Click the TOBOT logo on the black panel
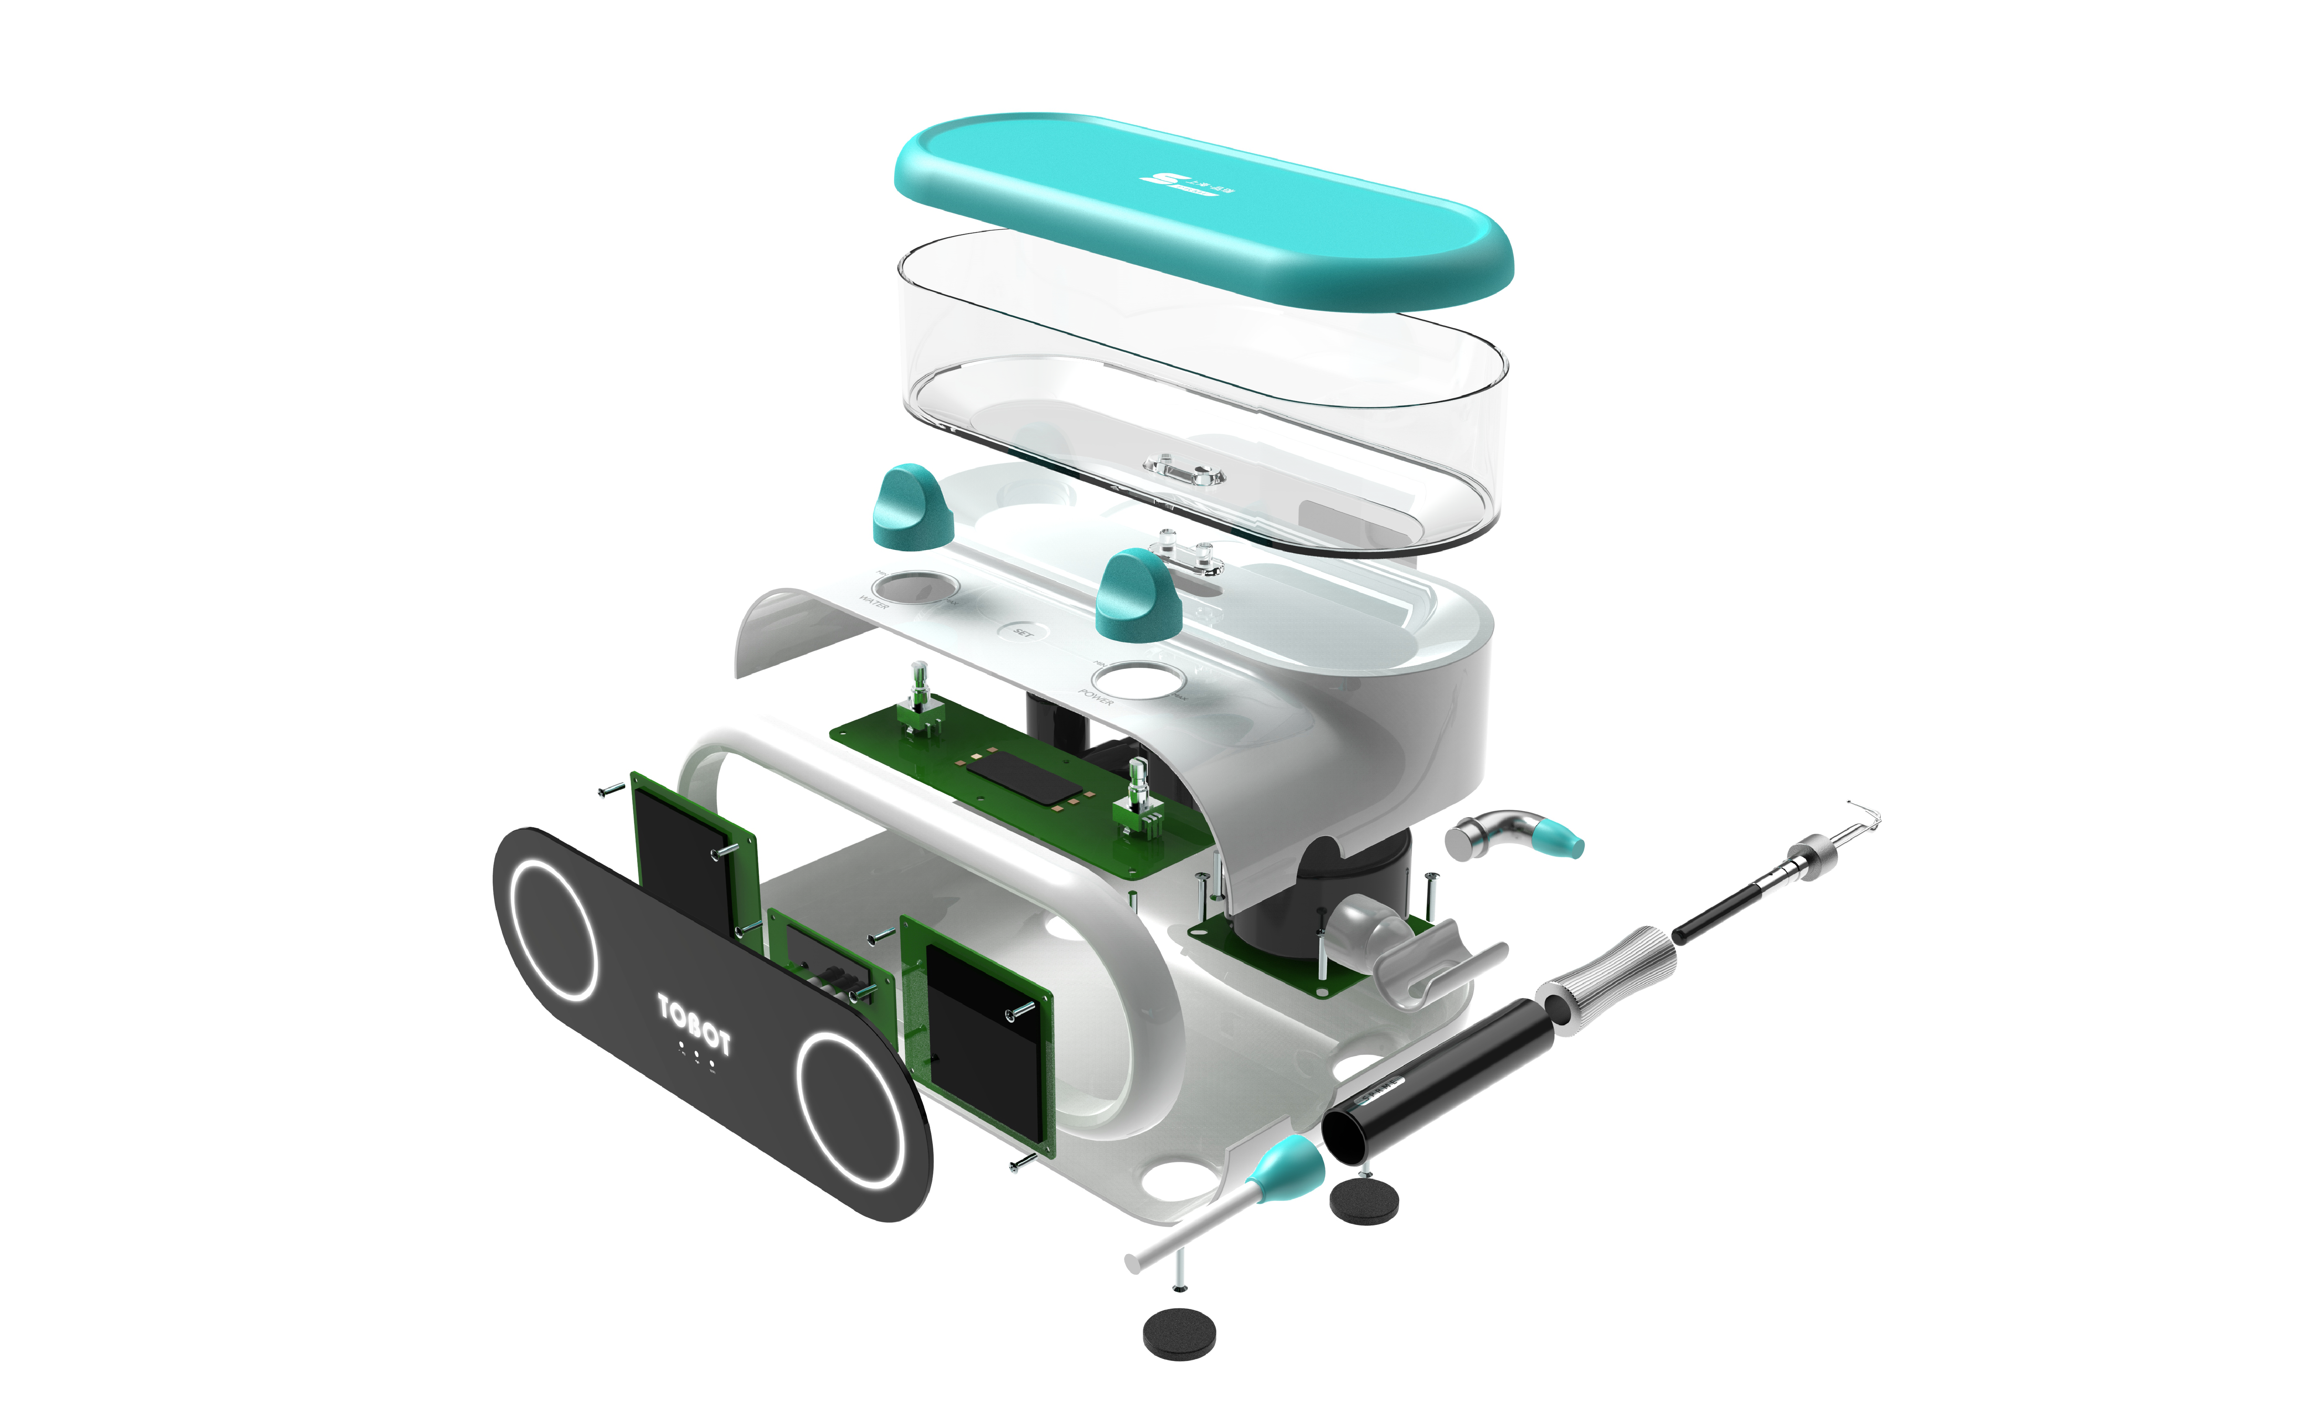pyautogui.click(x=695, y=1023)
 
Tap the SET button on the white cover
pyautogui.click(x=1023, y=632)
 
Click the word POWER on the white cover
pyautogui.click(x=1096, y=697)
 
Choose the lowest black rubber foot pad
pyautogui.click(x=1180, y=1333)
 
